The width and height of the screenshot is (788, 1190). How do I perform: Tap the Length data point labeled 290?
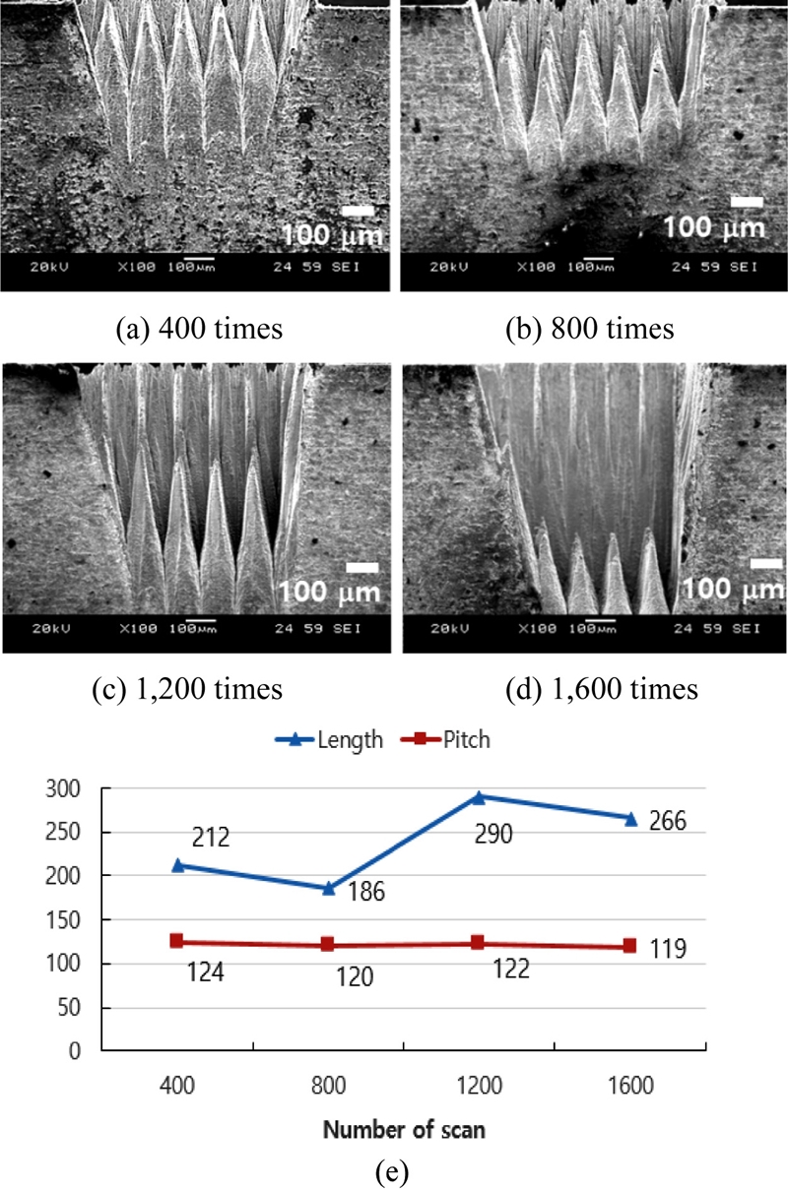(x=479, y=797)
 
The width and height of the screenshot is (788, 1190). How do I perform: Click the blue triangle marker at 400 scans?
(x=177, y=865)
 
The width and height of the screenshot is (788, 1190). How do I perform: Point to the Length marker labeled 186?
(x=328, y=888)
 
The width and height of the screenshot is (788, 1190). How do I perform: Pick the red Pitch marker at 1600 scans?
(x=629, y=946)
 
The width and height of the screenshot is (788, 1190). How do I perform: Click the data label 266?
(x=669, y=821)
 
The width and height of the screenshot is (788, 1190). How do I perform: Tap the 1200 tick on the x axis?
(x=480, y=1085)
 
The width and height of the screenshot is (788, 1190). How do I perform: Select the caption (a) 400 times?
(x=199, y=329)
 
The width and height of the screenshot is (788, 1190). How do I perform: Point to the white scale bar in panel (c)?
(x=362, y=567)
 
